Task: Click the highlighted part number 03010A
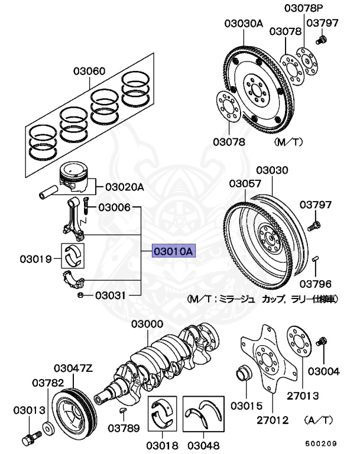(173, 252)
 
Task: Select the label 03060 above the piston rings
(89, 72)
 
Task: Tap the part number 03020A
(125, 187)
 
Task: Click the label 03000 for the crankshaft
(147, 324)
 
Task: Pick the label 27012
(273, 421)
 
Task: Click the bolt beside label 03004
(323, 341)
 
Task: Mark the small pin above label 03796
(316, 258)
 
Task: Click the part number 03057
(245, 184)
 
